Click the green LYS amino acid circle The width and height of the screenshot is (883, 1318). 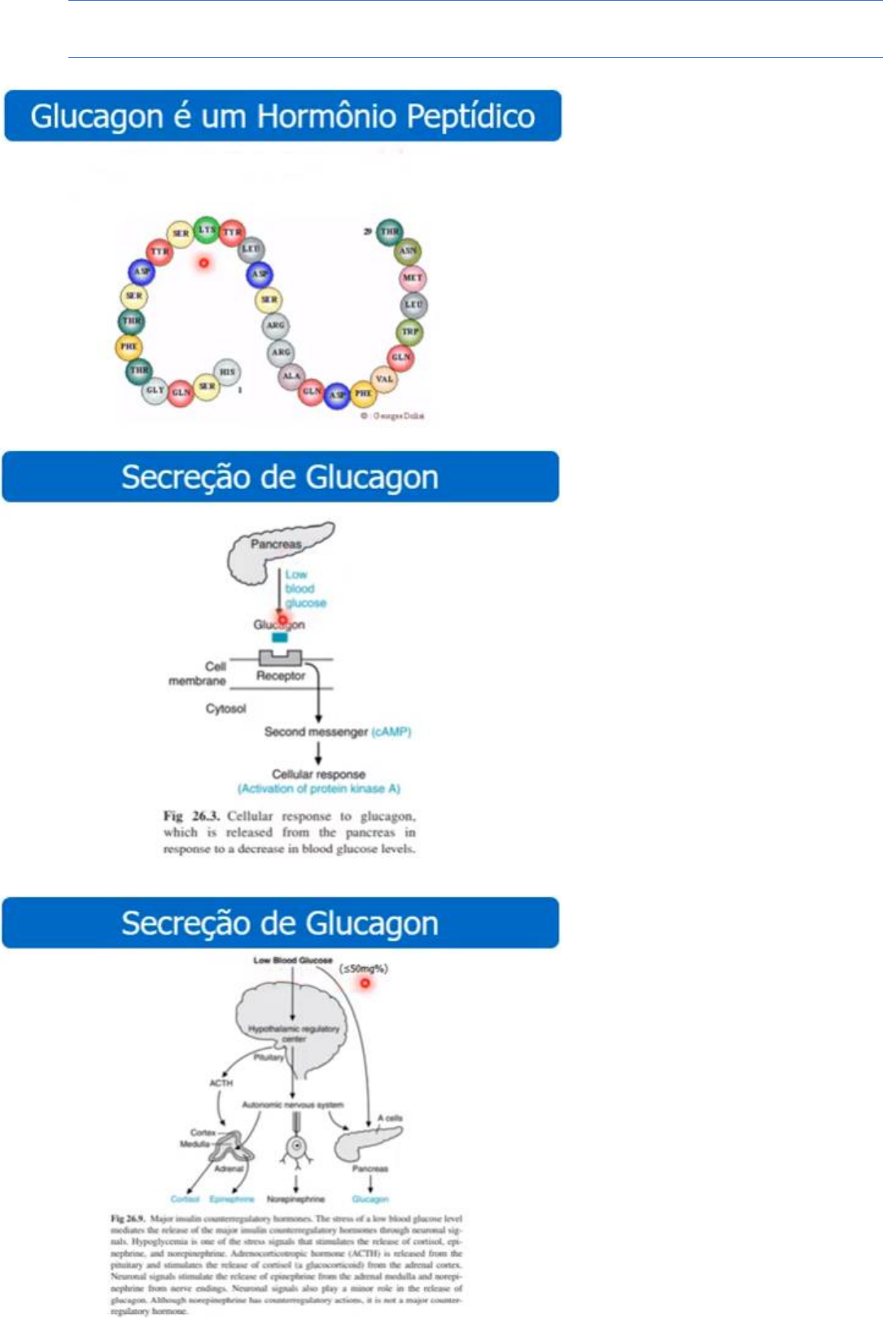(207, 229)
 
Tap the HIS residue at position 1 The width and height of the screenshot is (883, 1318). (227, 372)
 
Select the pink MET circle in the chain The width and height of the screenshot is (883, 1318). (413, 278)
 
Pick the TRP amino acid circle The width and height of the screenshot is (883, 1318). (409, 332)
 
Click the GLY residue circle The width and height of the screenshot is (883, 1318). (155, 391)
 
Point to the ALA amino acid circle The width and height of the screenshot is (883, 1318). (291, 376)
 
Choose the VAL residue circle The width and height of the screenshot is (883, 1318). (384, 379)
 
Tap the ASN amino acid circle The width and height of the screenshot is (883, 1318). (408, 251)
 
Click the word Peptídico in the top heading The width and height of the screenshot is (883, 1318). (470, 116)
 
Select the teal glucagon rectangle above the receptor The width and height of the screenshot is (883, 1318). (280, 638)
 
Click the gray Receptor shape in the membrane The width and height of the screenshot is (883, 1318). (280, 658)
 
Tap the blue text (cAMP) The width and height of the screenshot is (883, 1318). (391, 731)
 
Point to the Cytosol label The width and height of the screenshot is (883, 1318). (225, 709)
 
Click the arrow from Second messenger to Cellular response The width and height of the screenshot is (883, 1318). (318, 754)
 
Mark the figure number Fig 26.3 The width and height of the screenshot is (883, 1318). (191, 816)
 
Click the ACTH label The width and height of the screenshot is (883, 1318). (221, 1083)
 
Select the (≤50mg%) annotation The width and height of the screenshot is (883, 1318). (363, 968)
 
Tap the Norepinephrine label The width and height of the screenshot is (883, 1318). (295, 1199)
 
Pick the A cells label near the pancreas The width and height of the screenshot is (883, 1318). (390, 1119)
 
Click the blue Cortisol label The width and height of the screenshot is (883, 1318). (185, 1199)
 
